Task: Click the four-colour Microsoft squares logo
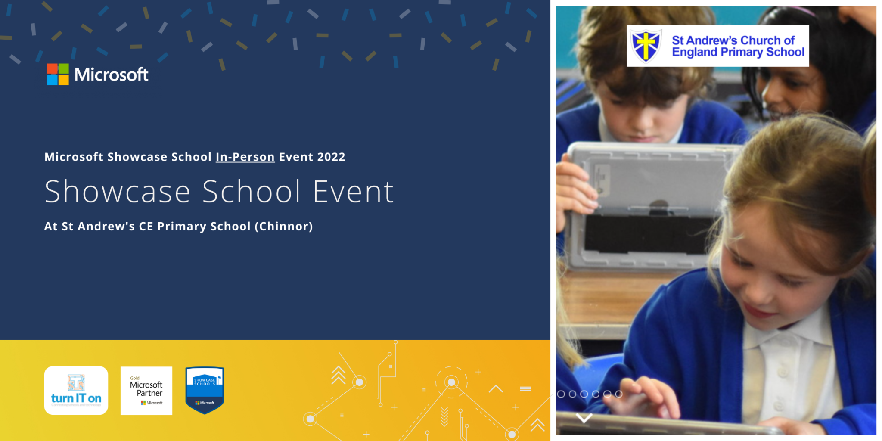(58, 75)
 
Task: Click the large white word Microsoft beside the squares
(111, 75)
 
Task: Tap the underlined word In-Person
(245, 157)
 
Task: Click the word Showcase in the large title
(117, 192)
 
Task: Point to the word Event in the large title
(353, 192)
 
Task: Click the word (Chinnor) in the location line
(283, 227)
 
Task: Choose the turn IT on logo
(76, 391)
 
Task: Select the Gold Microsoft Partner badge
(146, 391)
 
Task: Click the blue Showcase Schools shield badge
(205, 390)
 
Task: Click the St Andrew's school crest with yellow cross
(646, 46)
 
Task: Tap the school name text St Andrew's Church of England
(738, 46)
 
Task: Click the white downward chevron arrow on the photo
(584, 418)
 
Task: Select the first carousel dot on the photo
(561, 394)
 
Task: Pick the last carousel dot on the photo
(619, 394)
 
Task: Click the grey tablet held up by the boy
(646, 202)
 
